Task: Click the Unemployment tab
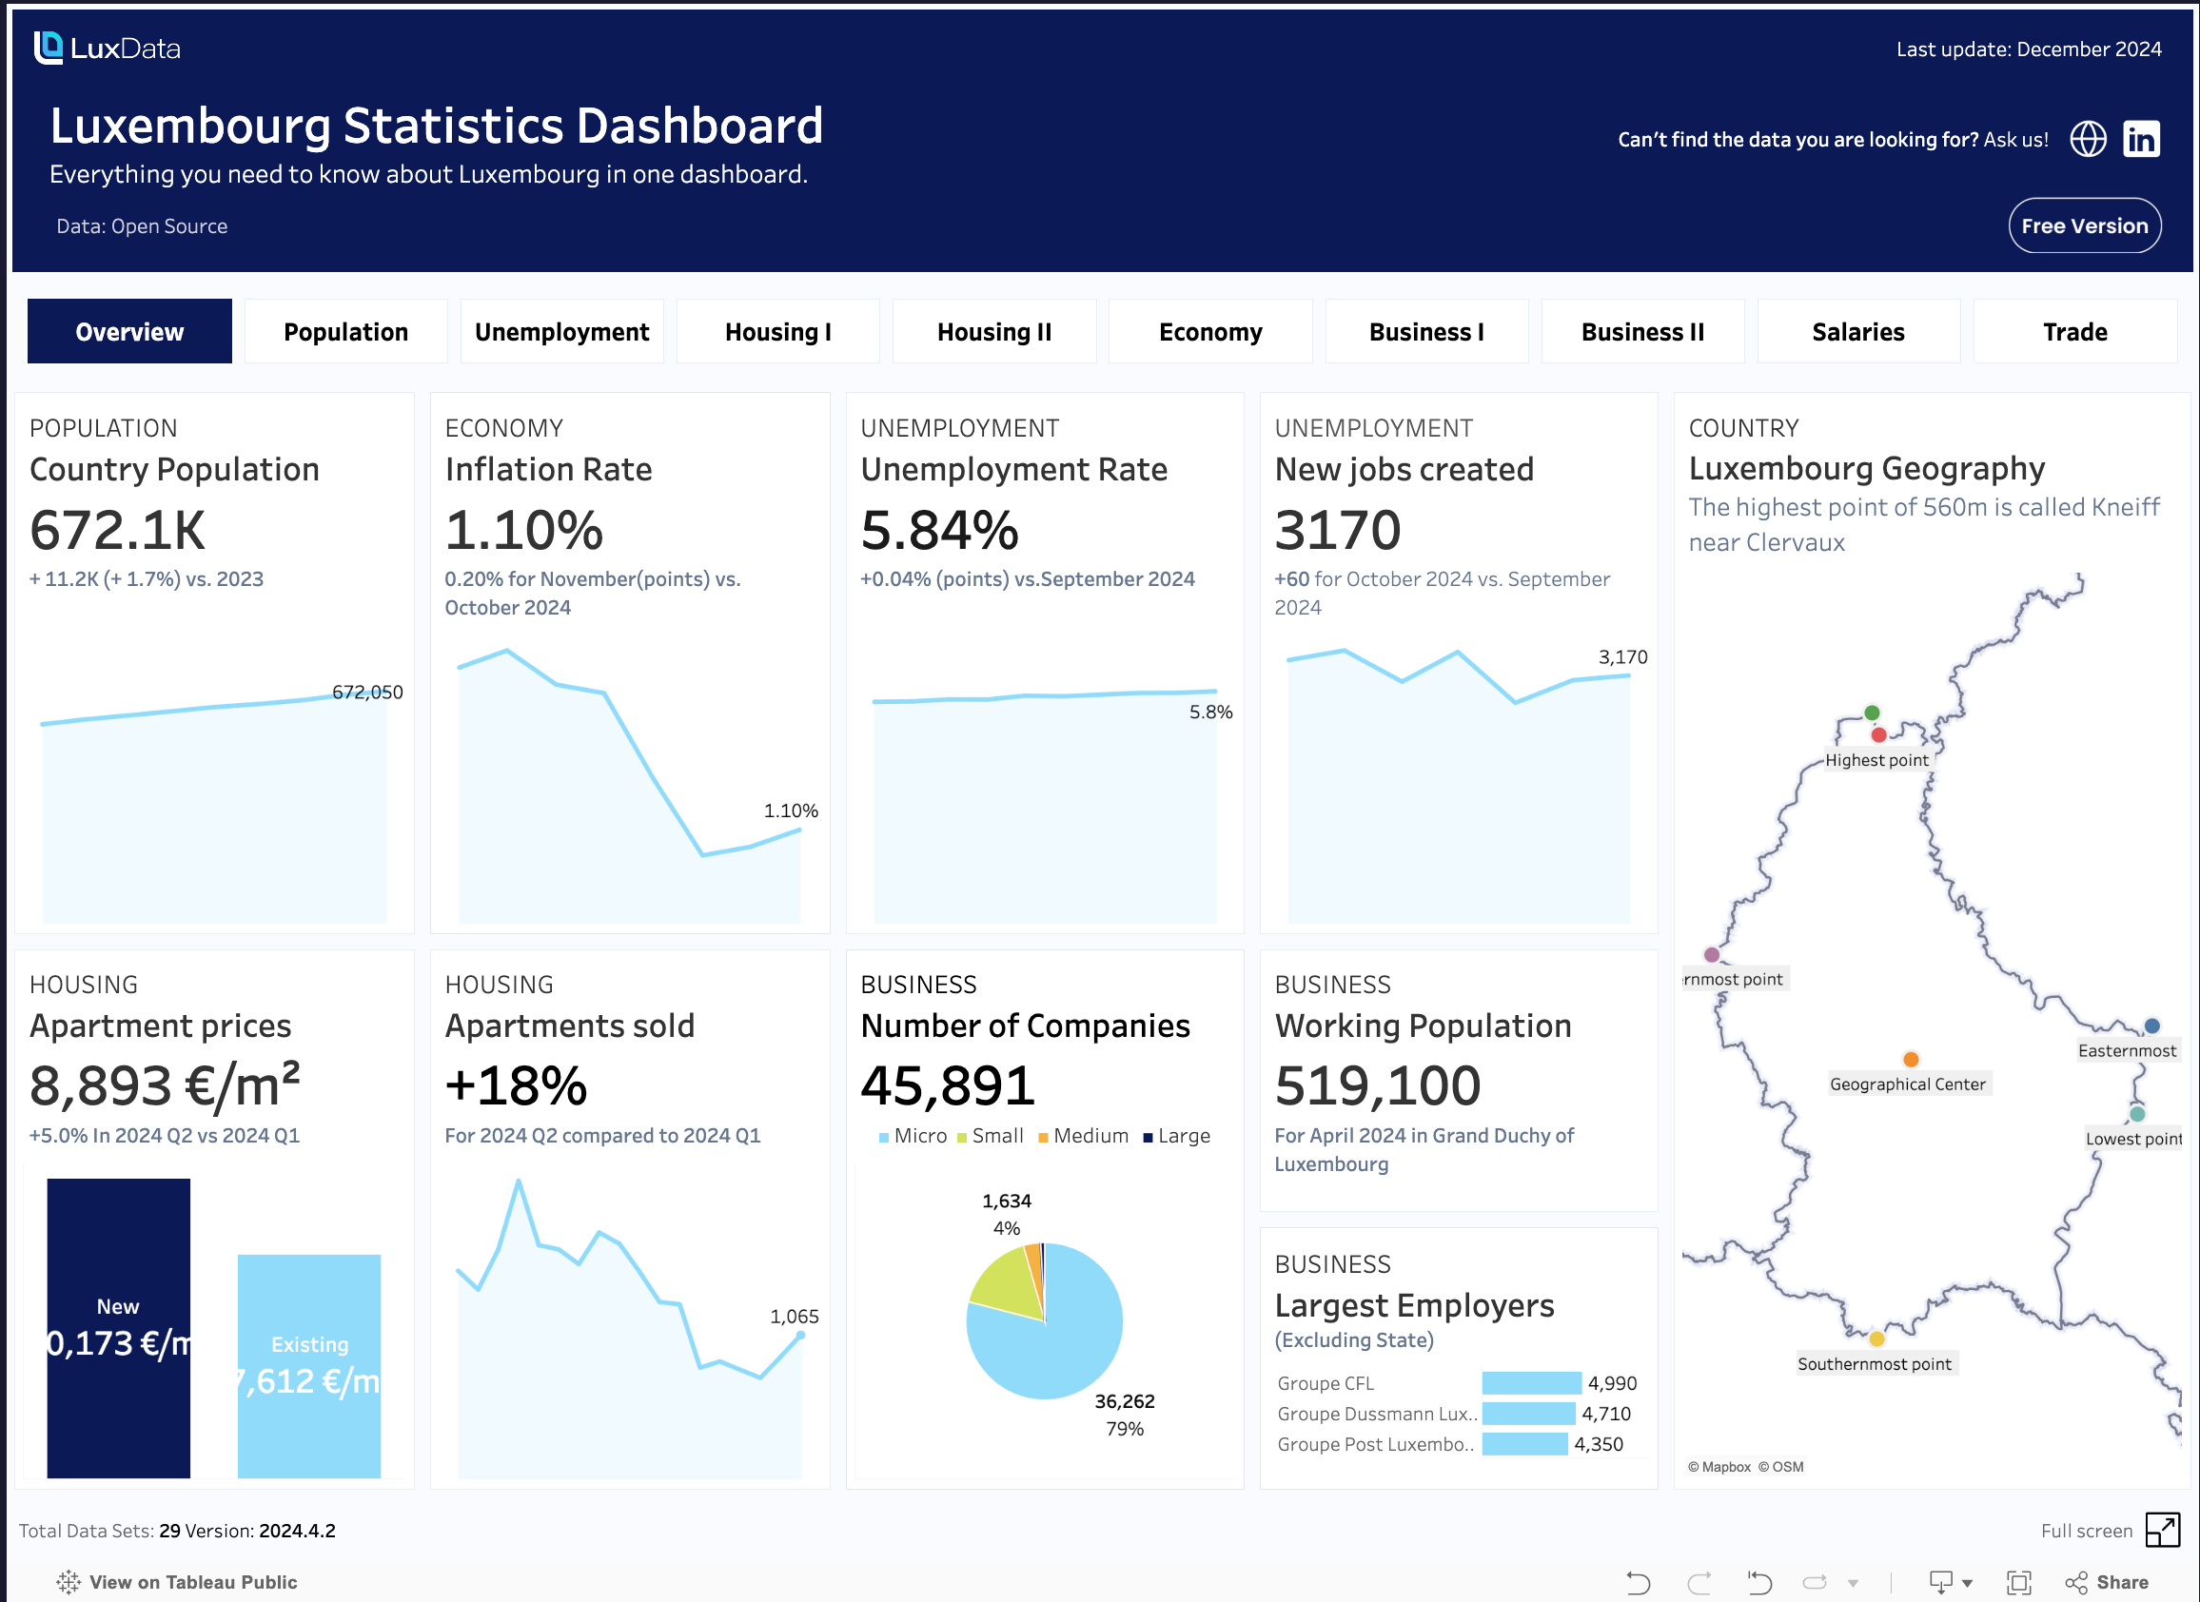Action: (x=561, y=332)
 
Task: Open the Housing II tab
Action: (x=993, y=332)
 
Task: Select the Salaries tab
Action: (x=1857, y=332)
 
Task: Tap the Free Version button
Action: (x=2084, y=226)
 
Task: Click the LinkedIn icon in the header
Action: (x=2141, y=140)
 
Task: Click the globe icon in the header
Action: (x=2088, y=140)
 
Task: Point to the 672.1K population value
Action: (x=117, y=531)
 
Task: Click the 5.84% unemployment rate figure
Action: (x=939, y=531)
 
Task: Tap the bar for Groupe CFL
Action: (x=1531, y=1383)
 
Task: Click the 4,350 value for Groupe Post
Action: (x=1598, y=1444)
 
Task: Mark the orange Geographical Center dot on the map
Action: (x=1910, y=1059)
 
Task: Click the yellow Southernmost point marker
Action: (x=1876, y=1339)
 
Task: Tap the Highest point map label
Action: (x=1876, y=760)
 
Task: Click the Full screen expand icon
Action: (x=2162, y=1531)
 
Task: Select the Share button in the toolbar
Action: (x=2107, y=1583)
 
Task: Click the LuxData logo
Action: (x=107, y=48)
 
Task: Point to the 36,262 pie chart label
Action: (x=1124, y=1401)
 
